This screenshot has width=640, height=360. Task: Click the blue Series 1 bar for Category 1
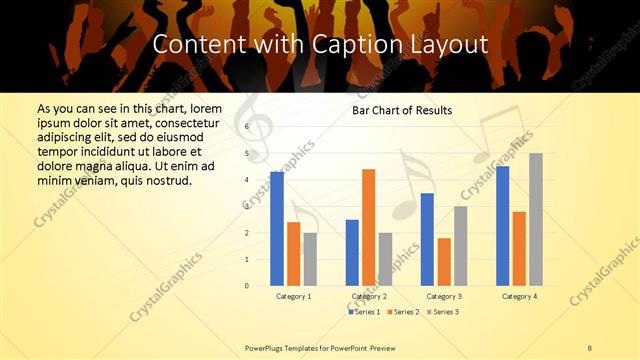(x=277, y=229)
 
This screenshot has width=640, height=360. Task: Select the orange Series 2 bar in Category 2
(x=369, y=227)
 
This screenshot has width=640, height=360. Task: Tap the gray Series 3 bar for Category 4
(x=536, y=219)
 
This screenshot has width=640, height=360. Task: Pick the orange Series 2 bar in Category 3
(x=444, y=262)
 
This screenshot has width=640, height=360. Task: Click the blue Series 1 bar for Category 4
(x=502, y=226)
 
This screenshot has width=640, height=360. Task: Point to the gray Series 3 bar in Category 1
(x=310, y=259)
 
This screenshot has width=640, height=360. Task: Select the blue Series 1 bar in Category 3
(x=427, y=239)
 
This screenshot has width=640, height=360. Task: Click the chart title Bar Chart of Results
(x=402, y=110)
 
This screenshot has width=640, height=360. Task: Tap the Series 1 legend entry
(x=364, y=312)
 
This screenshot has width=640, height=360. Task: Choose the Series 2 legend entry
(x=402, y=312)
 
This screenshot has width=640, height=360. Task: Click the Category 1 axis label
(x=294, y=297)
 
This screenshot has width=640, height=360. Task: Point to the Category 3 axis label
(x=444, y=297)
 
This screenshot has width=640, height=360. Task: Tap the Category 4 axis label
(x=519, y=297)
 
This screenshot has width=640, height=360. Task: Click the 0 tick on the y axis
(x=247, y=286)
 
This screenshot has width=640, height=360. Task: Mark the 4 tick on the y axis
(x=247, y=180)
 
